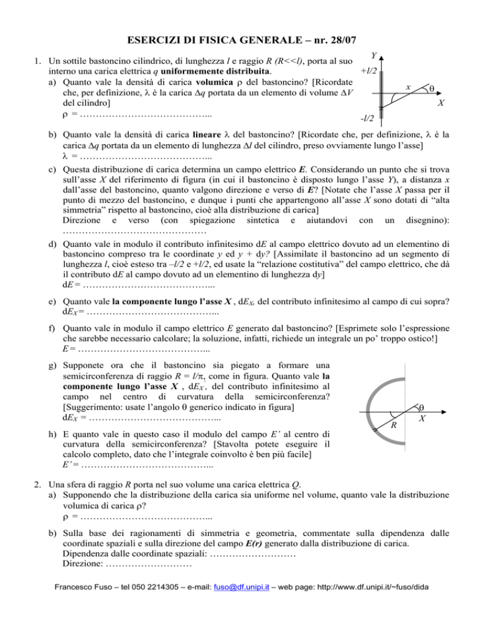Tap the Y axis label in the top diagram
coord(372,56)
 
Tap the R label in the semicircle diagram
coord(393,425)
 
